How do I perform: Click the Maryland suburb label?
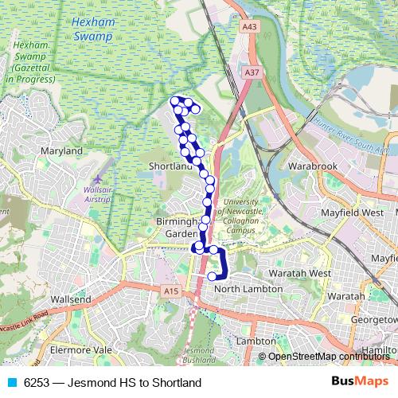coord(62,150)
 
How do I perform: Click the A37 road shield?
coord(252,72)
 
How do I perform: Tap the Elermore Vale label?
coord(80,349)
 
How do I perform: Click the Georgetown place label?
coord(371,318)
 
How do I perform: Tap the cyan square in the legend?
coord(12,383)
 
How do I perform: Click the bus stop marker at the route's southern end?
coord(212,276)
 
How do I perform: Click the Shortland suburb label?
coord(171,166)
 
